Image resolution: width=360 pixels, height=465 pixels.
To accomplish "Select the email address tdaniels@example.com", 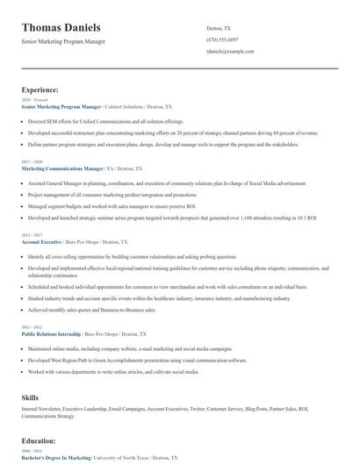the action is coord(230,51).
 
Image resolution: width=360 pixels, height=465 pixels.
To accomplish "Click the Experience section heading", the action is coord(40,89).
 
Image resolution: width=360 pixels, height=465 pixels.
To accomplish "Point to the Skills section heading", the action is coord(31,397).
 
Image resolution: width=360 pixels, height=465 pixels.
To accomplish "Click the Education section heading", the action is coord(39,440).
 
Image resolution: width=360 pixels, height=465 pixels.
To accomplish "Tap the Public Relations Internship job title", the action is coord(51,334).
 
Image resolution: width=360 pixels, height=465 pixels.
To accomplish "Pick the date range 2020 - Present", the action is coord(31,100).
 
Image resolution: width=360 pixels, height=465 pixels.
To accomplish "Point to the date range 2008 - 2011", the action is coord(31,451).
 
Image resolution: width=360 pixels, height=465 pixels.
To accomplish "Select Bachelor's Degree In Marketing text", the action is coord(56,457).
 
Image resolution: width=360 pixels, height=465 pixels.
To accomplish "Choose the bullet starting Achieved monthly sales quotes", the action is coord(91,310).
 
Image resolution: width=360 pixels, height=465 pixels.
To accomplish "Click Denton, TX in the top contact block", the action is coord(219,28).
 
